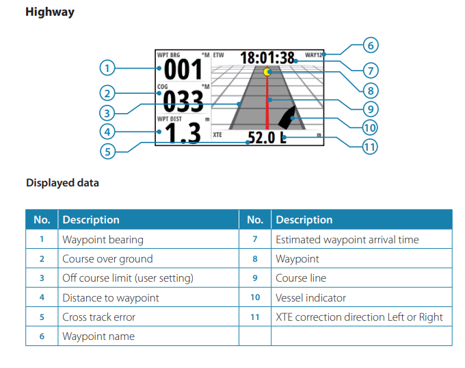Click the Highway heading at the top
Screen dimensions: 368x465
point(50,12)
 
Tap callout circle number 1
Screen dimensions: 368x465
point(107,68)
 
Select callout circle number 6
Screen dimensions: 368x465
point(370,47)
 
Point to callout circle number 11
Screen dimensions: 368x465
point(370,146)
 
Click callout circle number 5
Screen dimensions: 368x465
point(107,151)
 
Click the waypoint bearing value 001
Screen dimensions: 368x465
point(183,69)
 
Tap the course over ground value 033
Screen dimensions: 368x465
point(183,101)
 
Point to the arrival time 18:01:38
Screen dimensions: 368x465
point(267,58)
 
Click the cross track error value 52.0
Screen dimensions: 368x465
point(260,138)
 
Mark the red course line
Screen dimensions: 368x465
point(267,103)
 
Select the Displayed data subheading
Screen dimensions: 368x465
point(62,183)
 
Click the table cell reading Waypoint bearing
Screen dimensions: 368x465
point(103,239)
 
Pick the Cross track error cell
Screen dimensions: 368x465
point(98,317)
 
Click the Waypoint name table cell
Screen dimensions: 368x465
point(98,336)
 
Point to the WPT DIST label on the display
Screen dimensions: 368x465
point(170,119)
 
